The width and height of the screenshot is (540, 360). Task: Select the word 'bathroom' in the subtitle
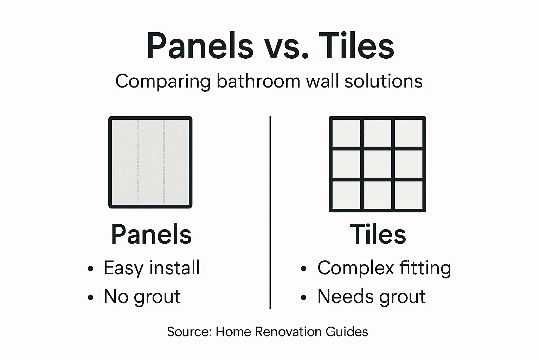[258, 82]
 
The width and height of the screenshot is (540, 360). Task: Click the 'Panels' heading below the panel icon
[151, 234]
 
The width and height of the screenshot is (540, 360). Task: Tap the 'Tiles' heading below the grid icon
[378, 234]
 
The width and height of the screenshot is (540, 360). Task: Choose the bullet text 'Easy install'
[152, 268]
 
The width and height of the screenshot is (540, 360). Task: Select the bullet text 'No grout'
[142, 297]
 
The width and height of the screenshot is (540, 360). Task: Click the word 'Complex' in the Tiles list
[355, 268]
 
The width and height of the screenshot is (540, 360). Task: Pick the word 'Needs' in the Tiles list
[342, 297]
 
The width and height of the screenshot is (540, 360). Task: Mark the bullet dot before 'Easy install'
[91, 269]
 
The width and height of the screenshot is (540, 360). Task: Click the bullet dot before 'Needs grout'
[304, 298]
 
